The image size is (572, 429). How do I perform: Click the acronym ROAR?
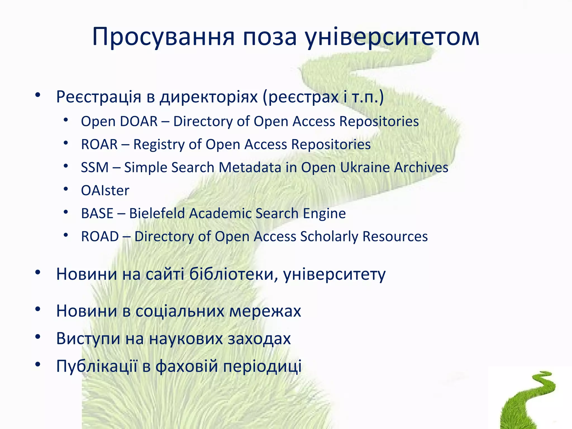pos(99,145)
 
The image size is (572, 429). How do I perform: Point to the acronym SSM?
pos(95,168)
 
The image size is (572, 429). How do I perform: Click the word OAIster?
pos(105,191)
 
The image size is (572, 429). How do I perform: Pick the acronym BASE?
pos(97,214)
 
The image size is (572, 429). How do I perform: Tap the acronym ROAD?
pos(100,237)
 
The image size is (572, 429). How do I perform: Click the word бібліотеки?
pos(233,274)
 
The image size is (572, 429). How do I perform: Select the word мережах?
pos(265,311)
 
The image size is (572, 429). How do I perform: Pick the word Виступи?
pos(88,339)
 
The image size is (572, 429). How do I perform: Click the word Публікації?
pos(97,366)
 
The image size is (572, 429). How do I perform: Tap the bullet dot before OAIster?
pos(66,189)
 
